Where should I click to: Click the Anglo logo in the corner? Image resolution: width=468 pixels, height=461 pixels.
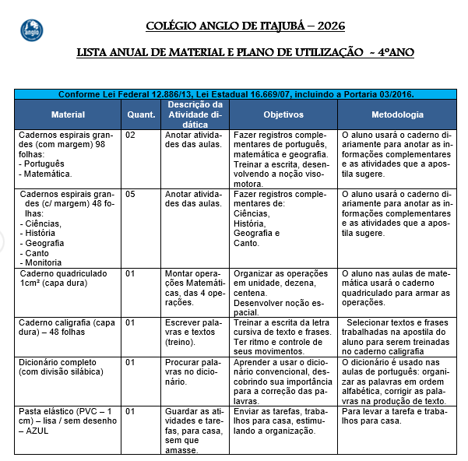click(31, 30)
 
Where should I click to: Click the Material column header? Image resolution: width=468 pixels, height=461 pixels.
click(68, 114)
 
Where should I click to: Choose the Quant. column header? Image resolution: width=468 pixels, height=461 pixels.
click(141, 114)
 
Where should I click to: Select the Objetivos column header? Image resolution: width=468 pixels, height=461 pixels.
click(283, 114)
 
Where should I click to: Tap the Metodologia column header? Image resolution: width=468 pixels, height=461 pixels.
click(397, 114)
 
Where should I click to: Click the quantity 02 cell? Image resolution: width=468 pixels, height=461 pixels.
click(131, 135)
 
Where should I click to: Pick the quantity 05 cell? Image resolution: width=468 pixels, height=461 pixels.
click(131, 194)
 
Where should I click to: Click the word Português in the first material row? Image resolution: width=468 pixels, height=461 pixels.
click(44, 164)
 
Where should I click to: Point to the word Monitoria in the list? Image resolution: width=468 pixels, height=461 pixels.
click(44, 262)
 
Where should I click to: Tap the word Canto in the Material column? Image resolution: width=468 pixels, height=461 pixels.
click(37, 253)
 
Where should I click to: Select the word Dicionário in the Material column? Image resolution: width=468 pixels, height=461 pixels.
click(40, 362)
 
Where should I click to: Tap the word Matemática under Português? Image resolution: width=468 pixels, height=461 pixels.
click(48, 174)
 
